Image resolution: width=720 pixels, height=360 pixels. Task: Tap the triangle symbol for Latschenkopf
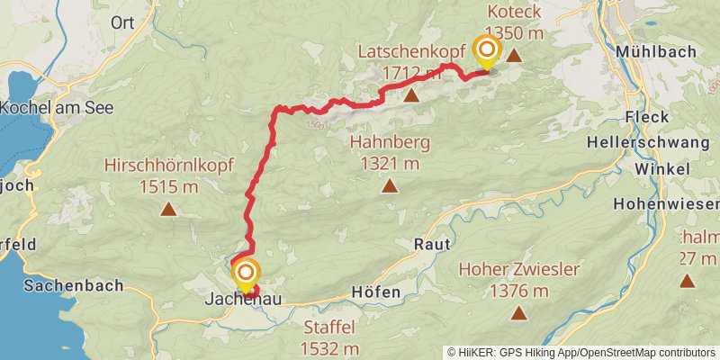tap(411, 95)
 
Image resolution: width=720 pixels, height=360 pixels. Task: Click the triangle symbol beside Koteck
tap(514, 56)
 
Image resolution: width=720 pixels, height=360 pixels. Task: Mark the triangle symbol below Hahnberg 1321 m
tap(390, 186)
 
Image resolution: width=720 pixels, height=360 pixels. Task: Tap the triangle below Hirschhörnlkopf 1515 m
tap(168, 210)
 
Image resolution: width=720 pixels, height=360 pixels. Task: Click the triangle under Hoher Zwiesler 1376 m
tap(518, 313)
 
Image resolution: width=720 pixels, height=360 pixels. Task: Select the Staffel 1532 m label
tap(330, 338)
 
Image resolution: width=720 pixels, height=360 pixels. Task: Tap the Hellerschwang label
tap(647, 142)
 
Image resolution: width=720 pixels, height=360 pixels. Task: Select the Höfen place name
tap(373, 293)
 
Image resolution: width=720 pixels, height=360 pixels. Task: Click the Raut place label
tap(430, 244)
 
